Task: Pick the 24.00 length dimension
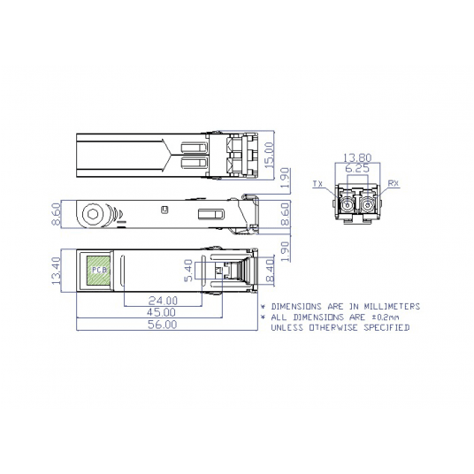tap(163, 300)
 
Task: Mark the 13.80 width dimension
tap(356, 158)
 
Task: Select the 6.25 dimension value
tap(356, 168)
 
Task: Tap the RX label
tap(394, 184)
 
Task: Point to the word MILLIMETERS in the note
tap(392, 306)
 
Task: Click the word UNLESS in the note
tap(287, 327)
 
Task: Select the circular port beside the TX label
tap(343, 205)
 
